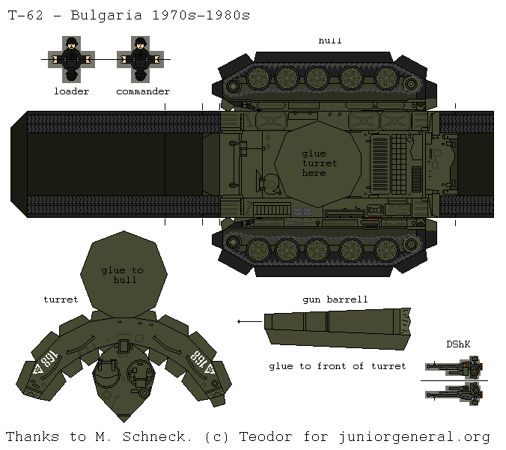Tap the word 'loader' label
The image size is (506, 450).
[x=71, y=91]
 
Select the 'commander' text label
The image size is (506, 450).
[x=142, y=91]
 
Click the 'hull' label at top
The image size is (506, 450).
[x=329, y=40]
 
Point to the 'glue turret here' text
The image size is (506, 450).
[x=320, y=162]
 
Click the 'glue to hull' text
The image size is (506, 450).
[x=122, y=275]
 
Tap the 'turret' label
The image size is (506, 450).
[x=61, y=300]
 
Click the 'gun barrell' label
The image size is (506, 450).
[x=335, y=300]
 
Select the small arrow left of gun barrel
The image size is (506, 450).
[x=244, y=321]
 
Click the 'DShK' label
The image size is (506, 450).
[x=457, y=344]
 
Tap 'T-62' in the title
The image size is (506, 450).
[x=24, y=15]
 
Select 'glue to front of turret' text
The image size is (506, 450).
[x=337, y=366]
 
